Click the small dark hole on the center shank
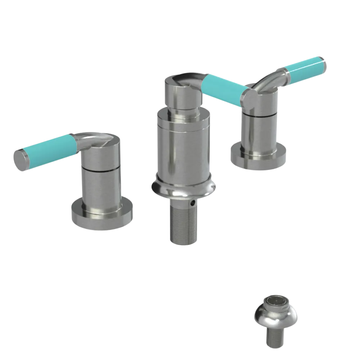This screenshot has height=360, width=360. coord(195,203)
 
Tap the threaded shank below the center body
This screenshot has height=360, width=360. coord(182,223)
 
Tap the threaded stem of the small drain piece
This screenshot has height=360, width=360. coord(276,338)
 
